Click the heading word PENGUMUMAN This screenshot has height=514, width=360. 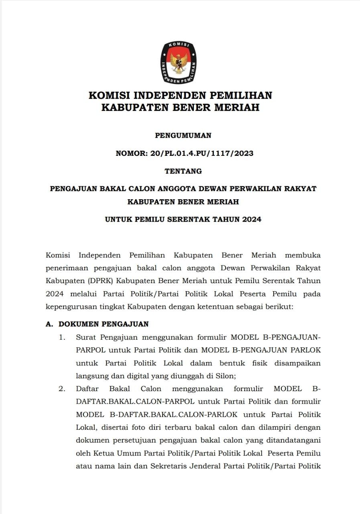[x=183, y=136]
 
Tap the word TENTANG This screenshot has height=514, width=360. [x=183, y=171]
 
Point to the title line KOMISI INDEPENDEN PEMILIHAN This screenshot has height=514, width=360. [x=180, y=96]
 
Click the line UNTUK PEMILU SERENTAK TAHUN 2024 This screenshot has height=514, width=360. [x=183, y=220]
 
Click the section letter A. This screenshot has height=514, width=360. [x=49, y=324]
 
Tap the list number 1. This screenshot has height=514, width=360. [x=62, y=337]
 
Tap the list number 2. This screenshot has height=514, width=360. [x=62, y=389]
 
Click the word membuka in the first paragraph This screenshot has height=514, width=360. [x=303, y=255]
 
